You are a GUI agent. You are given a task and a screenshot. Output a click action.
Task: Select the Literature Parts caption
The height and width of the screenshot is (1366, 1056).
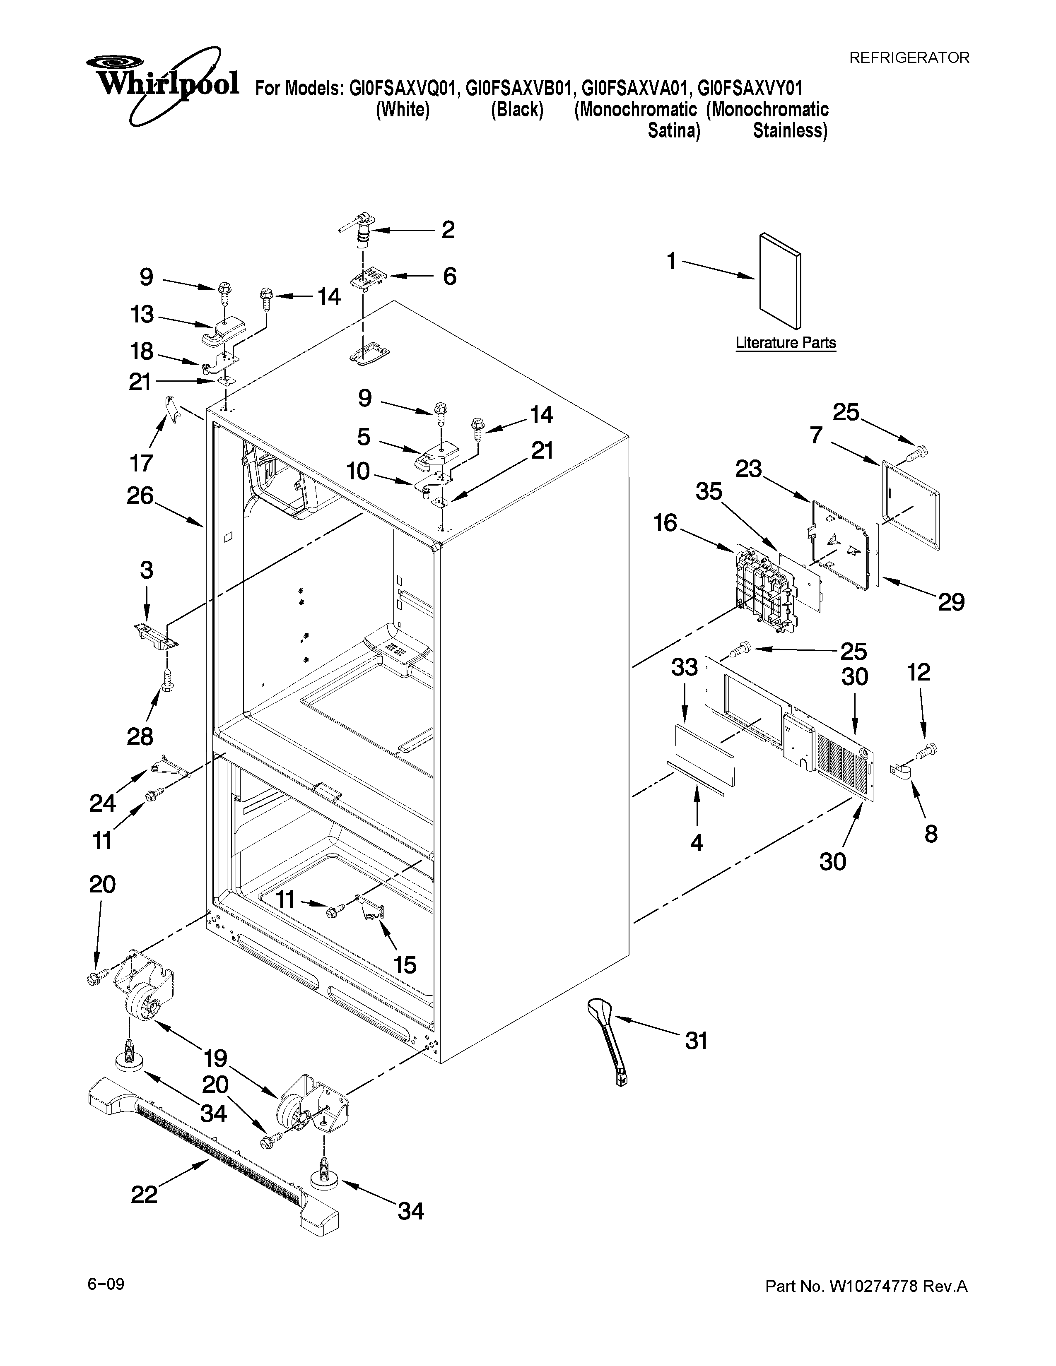(x=785, y=343)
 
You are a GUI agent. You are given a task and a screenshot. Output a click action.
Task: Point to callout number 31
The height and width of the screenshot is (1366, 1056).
(x=696, y=1041)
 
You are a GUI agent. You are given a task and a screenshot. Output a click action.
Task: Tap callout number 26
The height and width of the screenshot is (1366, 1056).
(x=140, y=495)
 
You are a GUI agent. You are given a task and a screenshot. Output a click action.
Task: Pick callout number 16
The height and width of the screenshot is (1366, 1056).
(x=665, y=522)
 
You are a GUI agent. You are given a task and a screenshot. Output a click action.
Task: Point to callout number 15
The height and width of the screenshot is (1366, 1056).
(x=405, y=964)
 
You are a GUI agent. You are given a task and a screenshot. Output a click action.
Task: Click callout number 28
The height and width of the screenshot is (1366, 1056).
(x=140, y=736)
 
